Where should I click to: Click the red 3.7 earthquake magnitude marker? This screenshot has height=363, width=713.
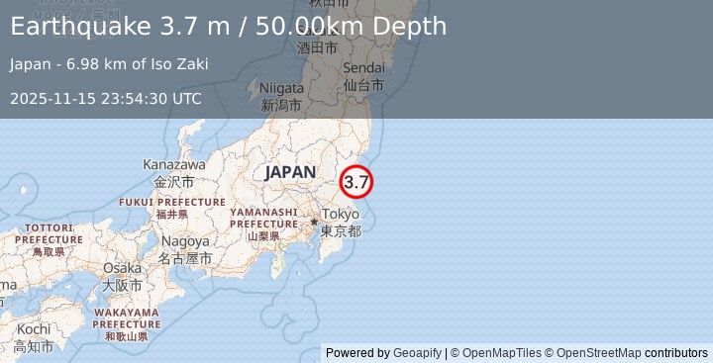356,182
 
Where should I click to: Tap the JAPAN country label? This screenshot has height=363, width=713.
289,172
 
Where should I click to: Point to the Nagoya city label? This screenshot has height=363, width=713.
185,240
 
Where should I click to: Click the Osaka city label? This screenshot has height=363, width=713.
122,268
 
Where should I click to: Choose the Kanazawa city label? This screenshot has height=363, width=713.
174,164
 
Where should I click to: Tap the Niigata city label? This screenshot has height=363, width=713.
282,86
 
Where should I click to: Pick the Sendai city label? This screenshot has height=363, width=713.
363,68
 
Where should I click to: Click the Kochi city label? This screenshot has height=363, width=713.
33,328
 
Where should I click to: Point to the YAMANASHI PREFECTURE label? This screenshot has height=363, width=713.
263,218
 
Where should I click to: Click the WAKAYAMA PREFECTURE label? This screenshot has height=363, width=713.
127,318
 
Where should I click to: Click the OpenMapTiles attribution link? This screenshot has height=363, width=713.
500,353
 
